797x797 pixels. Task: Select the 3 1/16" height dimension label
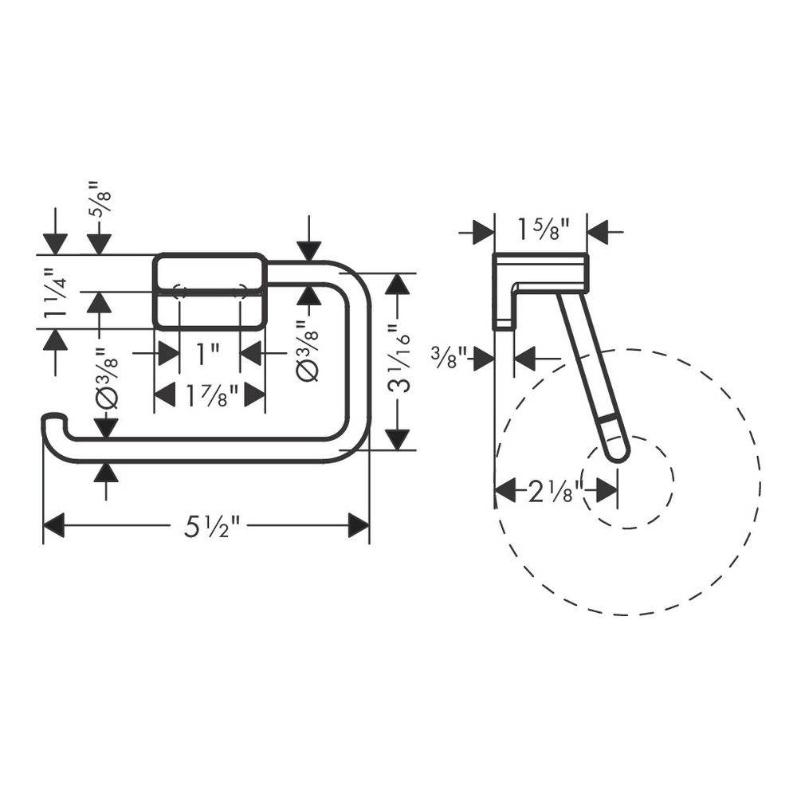click(x=399, y=361)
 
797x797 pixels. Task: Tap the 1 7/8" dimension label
click(x=212, y=395)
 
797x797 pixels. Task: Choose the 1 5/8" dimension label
click(x=544, y=229)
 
